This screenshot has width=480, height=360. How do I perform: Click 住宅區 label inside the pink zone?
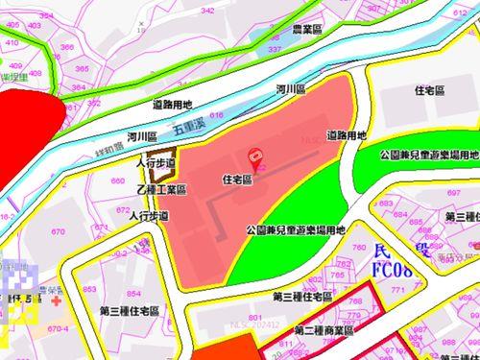(236, 179)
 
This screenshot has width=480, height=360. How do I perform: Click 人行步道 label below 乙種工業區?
(149, 217)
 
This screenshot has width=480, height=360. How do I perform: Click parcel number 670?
(58, 231)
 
